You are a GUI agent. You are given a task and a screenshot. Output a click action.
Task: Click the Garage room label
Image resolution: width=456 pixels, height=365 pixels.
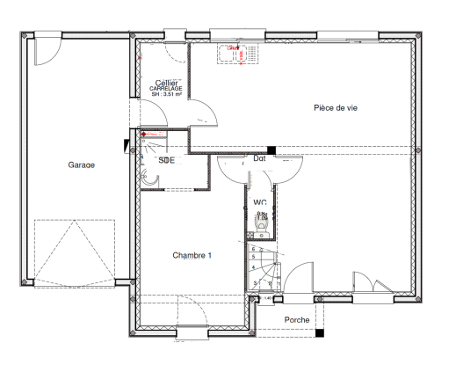click(x=81, y=164)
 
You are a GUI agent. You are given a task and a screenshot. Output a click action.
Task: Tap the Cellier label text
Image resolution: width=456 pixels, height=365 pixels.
click(x=166, y=83)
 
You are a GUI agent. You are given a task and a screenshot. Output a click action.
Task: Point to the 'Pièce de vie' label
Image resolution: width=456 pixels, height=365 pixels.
click(x=335, y=107)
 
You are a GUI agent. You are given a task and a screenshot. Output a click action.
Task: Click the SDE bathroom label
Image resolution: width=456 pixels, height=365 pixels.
click(x=166, y=160)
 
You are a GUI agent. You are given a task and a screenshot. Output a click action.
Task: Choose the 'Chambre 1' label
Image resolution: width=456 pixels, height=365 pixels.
click(x=192, y=255)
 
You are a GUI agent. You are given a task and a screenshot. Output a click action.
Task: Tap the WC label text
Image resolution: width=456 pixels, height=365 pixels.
click(x=260, y=202)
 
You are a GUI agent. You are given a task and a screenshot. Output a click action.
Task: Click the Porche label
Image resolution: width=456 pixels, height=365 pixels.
click(x=297, y=319)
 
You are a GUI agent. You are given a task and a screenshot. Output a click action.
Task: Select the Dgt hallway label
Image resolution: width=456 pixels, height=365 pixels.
click(x=260, y=159)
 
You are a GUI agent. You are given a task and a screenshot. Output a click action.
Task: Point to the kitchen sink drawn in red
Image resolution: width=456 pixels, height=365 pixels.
click(x=235, y=53)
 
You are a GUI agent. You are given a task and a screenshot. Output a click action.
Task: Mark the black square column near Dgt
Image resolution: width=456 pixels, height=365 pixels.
click(x=271, y=150)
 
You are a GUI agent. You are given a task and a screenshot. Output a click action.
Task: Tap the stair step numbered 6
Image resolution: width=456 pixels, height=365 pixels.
click(x=254, y=249)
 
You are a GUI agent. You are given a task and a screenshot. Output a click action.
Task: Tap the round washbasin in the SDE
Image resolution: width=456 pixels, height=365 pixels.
click(x=150, y=179)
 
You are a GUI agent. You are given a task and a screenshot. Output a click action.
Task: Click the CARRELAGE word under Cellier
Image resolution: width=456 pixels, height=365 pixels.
click(x=166, y=89)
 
